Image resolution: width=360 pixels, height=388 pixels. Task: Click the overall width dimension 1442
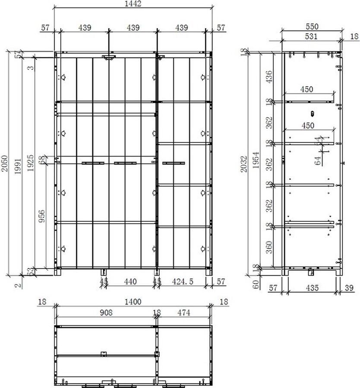pyautogui.click(x=133, y=4)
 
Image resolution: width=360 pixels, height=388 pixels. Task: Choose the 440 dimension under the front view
pyautogui.click(x=130, y=282)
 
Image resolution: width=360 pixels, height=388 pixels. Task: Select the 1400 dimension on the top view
pyautogui.click(x=133, y=302)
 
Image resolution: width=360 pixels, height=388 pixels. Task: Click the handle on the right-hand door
pyautogui.click(x=174, y=163)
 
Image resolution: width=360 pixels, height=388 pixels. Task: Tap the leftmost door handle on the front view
pyautogui.click(x=93, y=163)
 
